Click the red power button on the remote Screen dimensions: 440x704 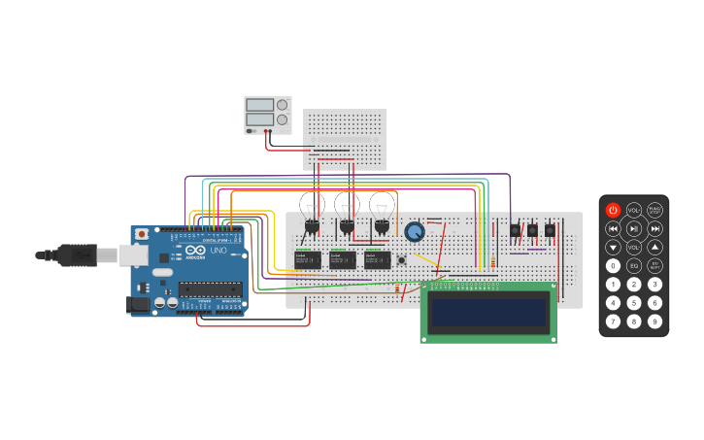(613, 210)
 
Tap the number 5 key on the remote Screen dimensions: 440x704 (634, 302)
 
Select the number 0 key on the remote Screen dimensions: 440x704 (613, 265)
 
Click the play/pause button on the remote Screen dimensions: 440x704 (634, 228)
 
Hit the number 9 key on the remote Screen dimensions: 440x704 (655, 321)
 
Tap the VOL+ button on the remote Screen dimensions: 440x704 (634, 210)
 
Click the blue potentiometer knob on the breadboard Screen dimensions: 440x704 (415, 232)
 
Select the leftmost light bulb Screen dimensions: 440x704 (311, 205)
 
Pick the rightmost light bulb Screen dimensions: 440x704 (382, 205)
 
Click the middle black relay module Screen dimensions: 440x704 (342, 259)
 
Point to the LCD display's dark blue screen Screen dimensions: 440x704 (488, 313)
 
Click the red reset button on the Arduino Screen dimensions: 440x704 (142, 234)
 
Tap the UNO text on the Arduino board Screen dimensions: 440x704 (218, 251)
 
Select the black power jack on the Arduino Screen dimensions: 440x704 (139, 304)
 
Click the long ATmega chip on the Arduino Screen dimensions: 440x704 (210, 288)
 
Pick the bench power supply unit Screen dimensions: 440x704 (267, 115)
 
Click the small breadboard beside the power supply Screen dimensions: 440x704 (345, 139)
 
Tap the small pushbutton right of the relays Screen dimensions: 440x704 (401, 259)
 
